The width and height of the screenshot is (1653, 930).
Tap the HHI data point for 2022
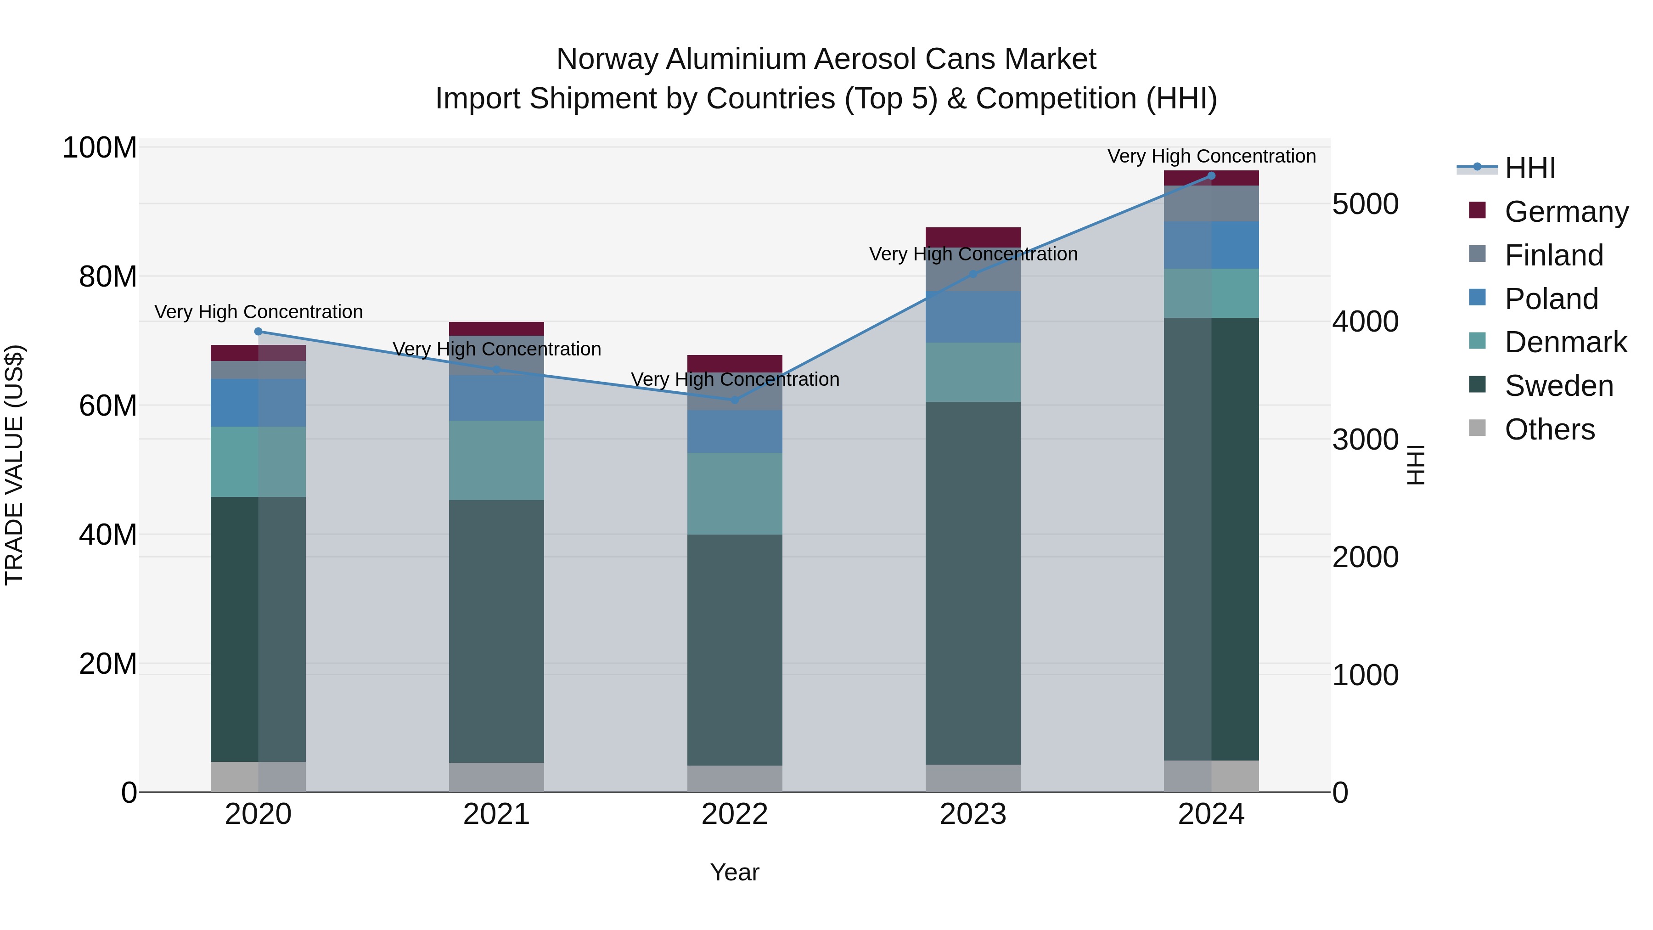point(735,400)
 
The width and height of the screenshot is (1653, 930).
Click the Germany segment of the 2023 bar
point(973,237)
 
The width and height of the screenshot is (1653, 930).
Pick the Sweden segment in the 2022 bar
point(735,649)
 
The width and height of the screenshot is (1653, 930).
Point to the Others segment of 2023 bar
point(973,778)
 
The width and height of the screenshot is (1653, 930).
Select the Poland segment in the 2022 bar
point(735,431)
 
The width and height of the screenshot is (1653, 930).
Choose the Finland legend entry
point(1553,255)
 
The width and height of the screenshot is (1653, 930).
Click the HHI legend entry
point(1530,168)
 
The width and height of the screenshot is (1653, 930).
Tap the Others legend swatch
point(1477,428)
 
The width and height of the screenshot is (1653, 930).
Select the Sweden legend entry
point(1558,386)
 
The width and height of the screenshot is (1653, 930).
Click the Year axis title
point(735,872)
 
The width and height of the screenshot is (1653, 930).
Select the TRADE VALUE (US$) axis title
point(14,465)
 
